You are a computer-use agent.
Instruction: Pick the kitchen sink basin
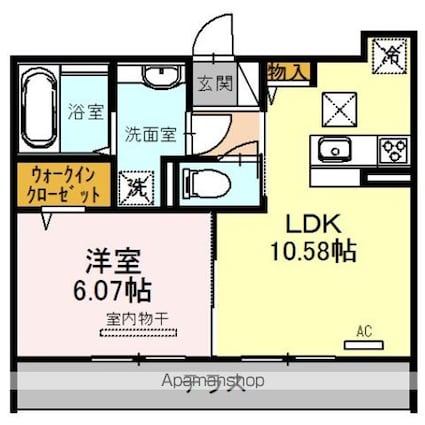[331, 151]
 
